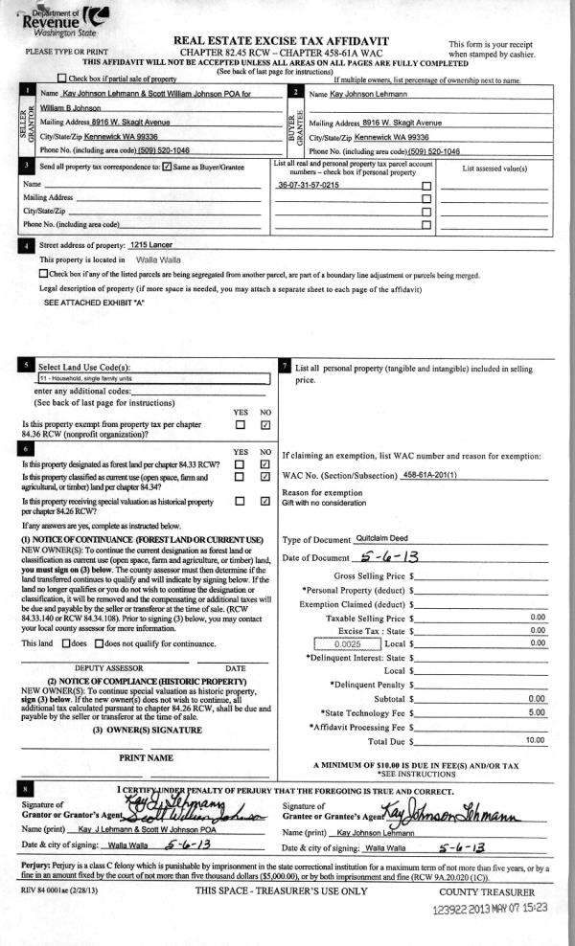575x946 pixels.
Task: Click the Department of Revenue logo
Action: click(x=64, y=19)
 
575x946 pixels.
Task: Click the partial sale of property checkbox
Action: click(x=62, y=78)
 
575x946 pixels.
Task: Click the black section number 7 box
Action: click(x=286, y=365)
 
